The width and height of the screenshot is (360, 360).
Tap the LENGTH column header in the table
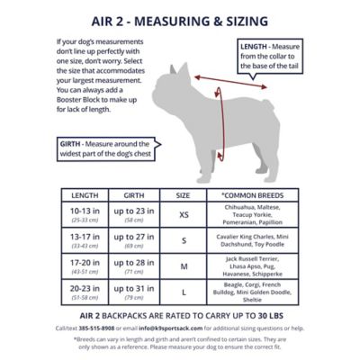(x=85, y=194)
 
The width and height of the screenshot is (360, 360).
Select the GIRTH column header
(x=137, y=194)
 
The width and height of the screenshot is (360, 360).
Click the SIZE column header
(x=183, y=194)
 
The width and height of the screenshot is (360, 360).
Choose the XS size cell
(x=183, y=216)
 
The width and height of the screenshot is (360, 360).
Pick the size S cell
(x=183, y=240)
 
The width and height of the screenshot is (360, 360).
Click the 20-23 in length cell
(x=85, y=291)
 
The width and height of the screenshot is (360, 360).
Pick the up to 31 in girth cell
(x=137, y=291)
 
